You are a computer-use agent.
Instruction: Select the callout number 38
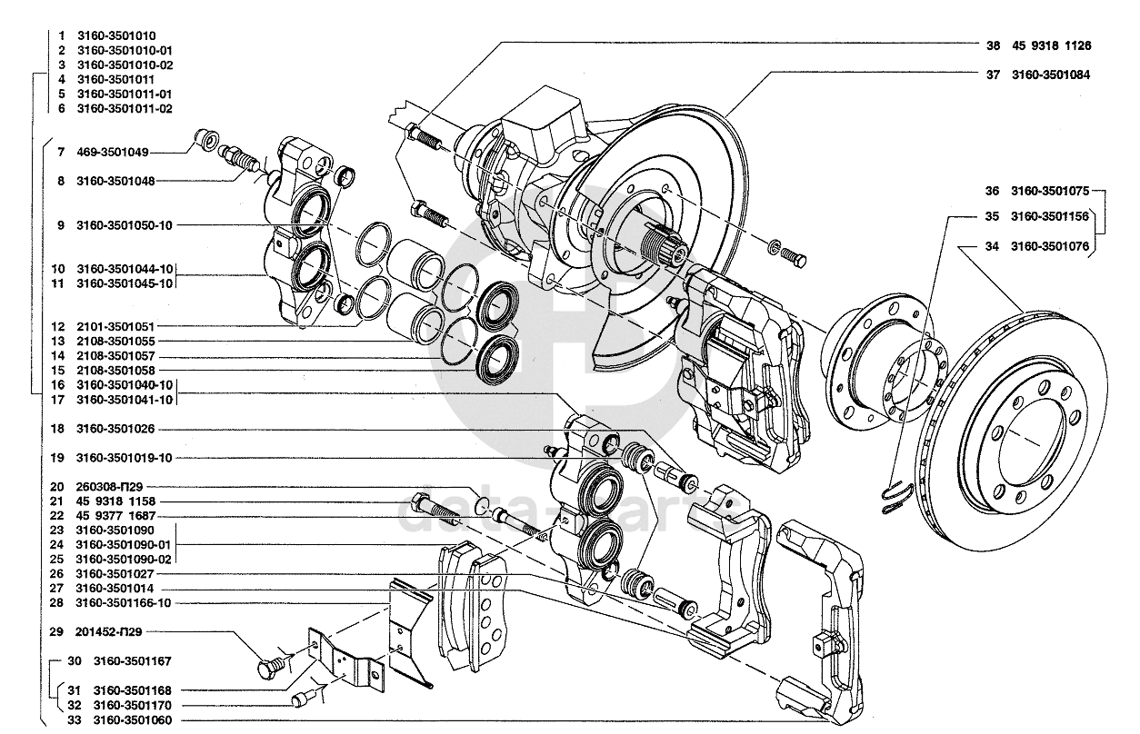click(x=993, y=45)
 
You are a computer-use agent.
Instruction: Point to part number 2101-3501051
click(x=116, y=326)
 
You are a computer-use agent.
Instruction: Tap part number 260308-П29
click(x=110, y=487)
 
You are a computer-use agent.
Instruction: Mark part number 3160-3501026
click(x=116, y=429)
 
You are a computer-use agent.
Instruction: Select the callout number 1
click(x=61, y=35)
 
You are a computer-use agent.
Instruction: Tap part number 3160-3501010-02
click(x=125, y=65)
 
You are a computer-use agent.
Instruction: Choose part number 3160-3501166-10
click(x=125, y=602)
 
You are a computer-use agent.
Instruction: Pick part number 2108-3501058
click(x=116, y=371)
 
